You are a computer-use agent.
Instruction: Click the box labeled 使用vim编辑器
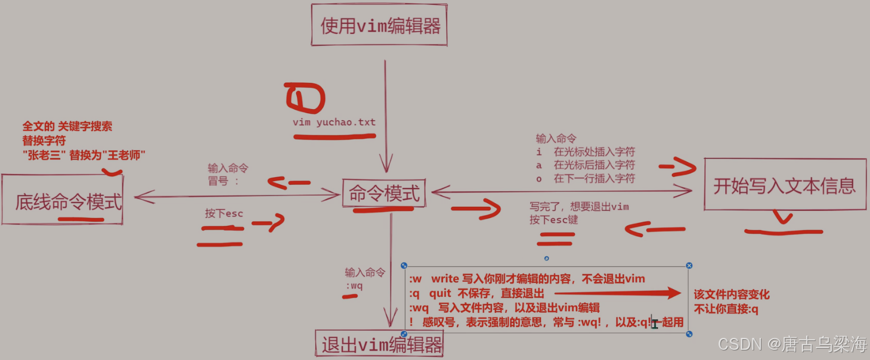(x=379, y=26)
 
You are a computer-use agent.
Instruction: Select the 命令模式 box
(x=384, y=193)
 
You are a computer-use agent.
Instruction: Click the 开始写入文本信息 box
(x=785, y=185)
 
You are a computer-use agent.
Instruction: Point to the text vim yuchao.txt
(x=334, y=122)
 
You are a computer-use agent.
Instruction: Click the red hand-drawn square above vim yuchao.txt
(x=305, y=98)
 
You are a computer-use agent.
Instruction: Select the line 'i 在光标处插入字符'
(x=586, y=152)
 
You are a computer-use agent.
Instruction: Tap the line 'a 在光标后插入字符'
(x=586, y=165)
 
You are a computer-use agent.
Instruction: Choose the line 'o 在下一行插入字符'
(x=586, y=178)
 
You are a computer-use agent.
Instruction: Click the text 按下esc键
(x=553, y=220)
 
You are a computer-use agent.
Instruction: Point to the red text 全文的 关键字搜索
(x=67, y=126)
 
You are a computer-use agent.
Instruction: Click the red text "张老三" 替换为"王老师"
(x=84, y=155)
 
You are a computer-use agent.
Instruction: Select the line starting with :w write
(x=527, y=279)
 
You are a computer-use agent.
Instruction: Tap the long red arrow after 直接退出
(x=617, y=293)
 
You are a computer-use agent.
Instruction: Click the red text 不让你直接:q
(x=726, y=309)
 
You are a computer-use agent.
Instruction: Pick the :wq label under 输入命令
(x=354, y=285)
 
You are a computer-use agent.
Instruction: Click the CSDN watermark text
(x=792, y=344)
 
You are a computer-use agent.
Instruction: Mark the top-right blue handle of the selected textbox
(x=689, y=265)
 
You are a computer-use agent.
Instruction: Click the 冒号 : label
(x=223, y=181)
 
